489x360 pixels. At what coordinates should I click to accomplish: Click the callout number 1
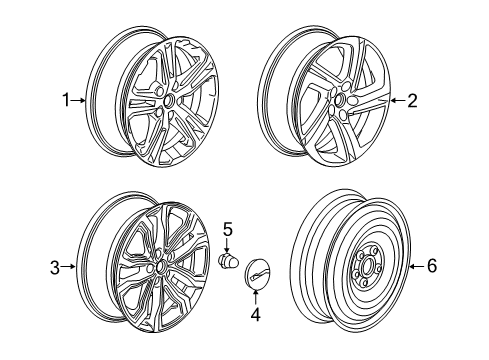click(66, 100)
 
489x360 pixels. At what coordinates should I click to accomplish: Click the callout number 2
click(411, 100)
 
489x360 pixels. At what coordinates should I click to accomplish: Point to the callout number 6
click(432, 265)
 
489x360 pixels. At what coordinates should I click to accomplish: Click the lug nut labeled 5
click(227, 261)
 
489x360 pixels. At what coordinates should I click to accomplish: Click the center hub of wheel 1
click(167, 101)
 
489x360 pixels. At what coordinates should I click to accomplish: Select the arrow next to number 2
click(396, 100)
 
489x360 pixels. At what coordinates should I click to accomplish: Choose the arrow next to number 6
click(417, 265)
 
